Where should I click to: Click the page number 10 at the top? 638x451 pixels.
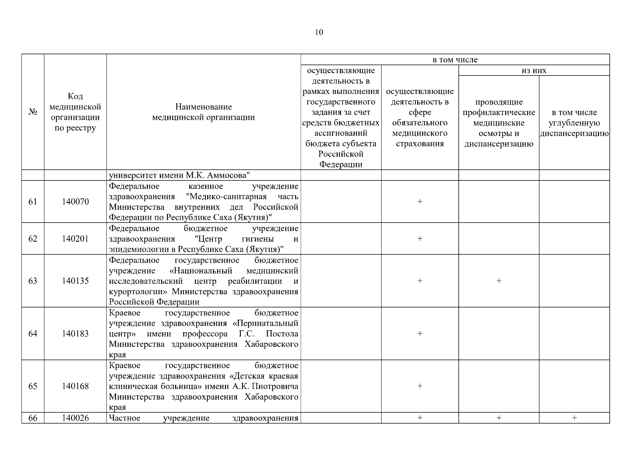(x=319, y=32)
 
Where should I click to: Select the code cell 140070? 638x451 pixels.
(x=75, y=202)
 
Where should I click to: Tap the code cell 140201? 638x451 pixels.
(x=75, y=239)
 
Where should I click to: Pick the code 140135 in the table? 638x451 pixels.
(x=75, y=281)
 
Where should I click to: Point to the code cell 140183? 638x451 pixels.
(x=75, y=334)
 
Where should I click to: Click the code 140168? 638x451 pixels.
(x=75, y=386)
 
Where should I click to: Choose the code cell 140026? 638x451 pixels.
(x=75, y=418)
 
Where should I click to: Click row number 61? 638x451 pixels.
(x=33, y=202)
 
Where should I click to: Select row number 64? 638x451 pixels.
(x=33, y=334)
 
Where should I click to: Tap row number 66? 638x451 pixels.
(x=33, y=418)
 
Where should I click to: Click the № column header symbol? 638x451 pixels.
(x=33, y=112)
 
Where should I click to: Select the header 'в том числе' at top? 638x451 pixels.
(x=455, y=60)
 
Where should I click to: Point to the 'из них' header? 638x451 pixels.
(x=534, y=70)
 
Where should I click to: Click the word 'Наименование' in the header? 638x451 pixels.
(x=203, y=107)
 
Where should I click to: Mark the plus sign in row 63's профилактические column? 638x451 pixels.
(x=499, y=281)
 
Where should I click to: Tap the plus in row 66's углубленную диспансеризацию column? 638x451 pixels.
(x=574, y=418)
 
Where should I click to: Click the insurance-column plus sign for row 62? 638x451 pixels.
(x=420, y=239)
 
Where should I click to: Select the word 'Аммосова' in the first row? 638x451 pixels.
(x=229, y=176)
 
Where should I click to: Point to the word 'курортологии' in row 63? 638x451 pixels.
(x=139, y=292)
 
